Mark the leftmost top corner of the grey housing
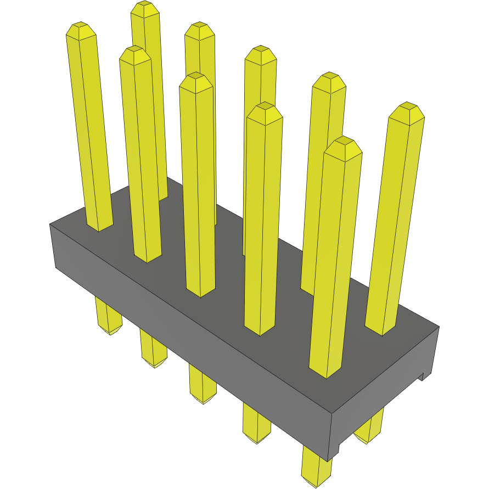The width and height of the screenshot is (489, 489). coord(50,224)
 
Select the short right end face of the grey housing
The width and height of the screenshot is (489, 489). coord(384,384)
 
